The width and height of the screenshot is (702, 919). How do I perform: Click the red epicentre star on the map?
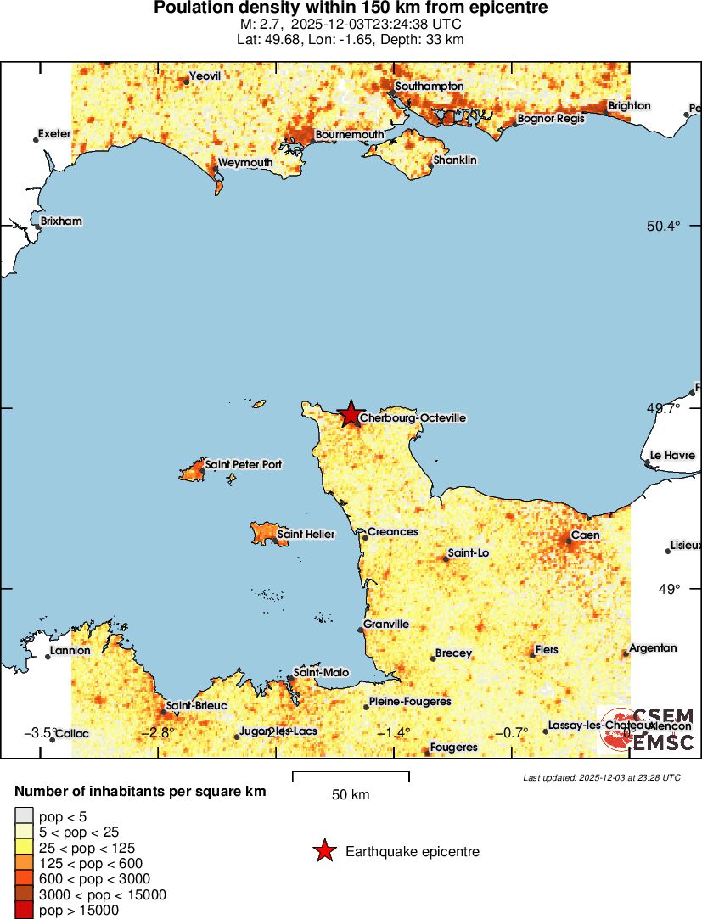[350, 414]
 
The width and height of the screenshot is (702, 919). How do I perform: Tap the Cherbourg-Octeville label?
[413, 418]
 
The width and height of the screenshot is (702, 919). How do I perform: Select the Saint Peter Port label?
[244, 465]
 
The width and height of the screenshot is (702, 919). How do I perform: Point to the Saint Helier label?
[306, 535]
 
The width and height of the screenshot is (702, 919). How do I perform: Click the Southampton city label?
[430, 87]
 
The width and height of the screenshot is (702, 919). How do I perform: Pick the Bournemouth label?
[349, 135]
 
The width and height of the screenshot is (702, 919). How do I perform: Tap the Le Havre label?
[672, 456]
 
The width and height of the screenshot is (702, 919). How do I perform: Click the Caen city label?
[586, 535]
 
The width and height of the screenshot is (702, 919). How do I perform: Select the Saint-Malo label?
[321, 673]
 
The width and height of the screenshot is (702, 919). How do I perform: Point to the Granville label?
[386, 625]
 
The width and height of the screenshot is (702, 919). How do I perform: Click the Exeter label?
[54, 134]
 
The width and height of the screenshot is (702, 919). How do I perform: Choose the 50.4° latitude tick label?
[663, 226]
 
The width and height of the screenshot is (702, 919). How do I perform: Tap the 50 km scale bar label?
[351, 795]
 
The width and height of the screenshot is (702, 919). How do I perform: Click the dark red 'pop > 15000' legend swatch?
[24, 911]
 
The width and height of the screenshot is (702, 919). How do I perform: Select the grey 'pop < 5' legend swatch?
[24, 817]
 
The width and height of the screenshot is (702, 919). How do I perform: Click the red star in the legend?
[323, 851]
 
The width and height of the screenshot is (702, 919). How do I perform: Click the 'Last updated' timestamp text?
[601, 777]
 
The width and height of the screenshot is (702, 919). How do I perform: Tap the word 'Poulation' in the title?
[194, 8]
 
